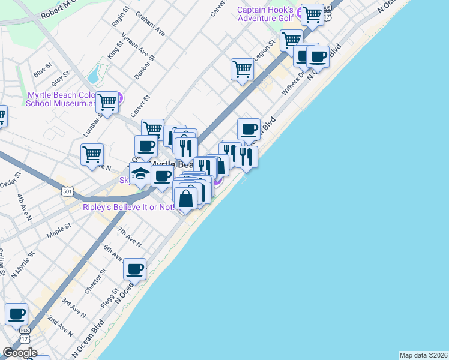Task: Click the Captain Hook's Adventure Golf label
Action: click(x=265, y=14)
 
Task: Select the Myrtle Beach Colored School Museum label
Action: click(x=60, y=99)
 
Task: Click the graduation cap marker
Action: click(x=140, y=174)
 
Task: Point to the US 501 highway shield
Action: click(x=67, y=191)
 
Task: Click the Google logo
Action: click(x=19, y=353)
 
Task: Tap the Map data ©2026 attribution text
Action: click(x=423, y=355)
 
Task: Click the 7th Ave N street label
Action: click(x=129, y=238)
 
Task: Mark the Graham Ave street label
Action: click(x=150, y=22)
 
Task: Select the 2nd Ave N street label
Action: click(x=61, y=325)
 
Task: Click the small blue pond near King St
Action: click(x=94, y=75)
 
